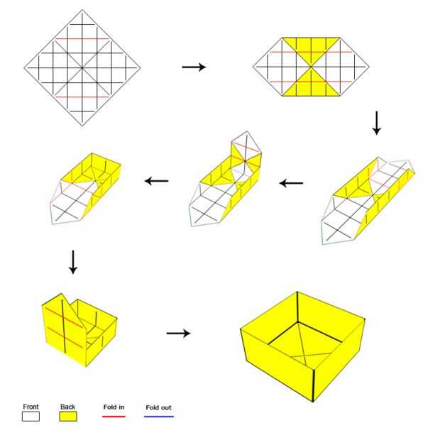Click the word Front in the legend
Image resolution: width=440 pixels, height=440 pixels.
click(31, 407)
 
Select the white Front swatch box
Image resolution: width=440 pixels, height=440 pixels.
click(31, 417)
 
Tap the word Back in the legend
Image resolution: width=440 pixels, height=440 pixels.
click(67, 407)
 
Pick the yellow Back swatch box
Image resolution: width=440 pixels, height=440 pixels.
click(68, 417)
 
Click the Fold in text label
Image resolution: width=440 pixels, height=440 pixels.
click(114, 407)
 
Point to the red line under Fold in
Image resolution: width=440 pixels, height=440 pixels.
click(114, 417)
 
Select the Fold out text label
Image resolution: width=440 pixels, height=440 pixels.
click(158, 407)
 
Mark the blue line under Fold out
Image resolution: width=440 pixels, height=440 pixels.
click(159, 417)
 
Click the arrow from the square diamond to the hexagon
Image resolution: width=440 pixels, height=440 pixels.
click(194, 67)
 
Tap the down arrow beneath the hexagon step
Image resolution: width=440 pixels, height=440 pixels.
click(377, 123)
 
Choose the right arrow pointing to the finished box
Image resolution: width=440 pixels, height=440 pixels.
click(178, 334)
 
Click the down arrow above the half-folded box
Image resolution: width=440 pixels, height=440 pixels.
click(73, 262)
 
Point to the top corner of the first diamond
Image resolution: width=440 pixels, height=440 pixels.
click(82, 10)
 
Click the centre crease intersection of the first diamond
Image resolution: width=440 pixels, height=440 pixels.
click(82, 67)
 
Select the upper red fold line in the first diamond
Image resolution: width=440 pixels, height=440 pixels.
click(82, 39)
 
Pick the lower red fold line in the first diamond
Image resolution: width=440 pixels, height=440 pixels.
click(82, 97)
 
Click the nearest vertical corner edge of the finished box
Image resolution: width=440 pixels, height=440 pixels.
click(313, 385)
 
